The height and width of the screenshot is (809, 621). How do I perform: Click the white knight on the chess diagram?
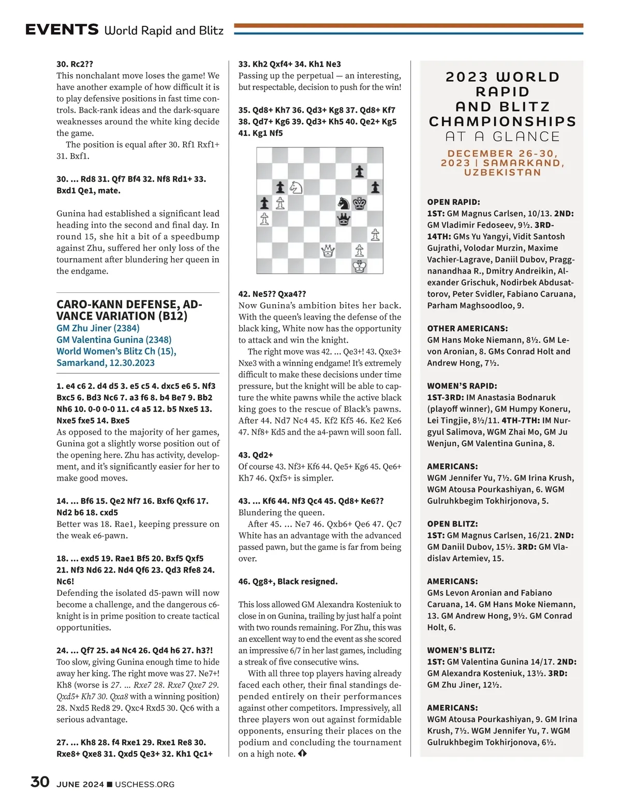[x=296, y=187]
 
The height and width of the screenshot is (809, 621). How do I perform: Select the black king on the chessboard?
[x=360, y=203]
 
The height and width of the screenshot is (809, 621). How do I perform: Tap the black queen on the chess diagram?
[x=344, y=219]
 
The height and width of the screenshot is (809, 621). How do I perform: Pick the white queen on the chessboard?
[x=328, y=251]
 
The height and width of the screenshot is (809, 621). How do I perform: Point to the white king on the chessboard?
[x=360, y=266]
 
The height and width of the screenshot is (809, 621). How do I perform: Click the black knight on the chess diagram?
[x=344, y=203]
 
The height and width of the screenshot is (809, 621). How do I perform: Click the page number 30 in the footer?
[x=40, y=782]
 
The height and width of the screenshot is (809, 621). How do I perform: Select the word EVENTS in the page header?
[x=62, y=29]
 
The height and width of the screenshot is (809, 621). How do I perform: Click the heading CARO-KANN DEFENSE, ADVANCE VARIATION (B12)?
[x=129, y=310]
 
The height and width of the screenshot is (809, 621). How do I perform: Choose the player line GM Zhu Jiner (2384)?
[x=98, y=328]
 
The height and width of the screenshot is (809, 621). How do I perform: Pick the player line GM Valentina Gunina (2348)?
[x=114, y=339]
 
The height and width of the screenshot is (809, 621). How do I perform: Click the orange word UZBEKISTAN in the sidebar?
[x=502, y=172]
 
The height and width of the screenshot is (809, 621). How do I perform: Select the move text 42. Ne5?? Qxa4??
[x=272, y=294]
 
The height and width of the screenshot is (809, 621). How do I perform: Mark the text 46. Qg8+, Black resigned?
[x=288, y=581]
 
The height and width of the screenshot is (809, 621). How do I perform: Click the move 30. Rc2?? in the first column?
[x=75, y=64]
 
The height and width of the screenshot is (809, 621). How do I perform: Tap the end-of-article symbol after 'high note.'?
[x=303, y=754]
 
